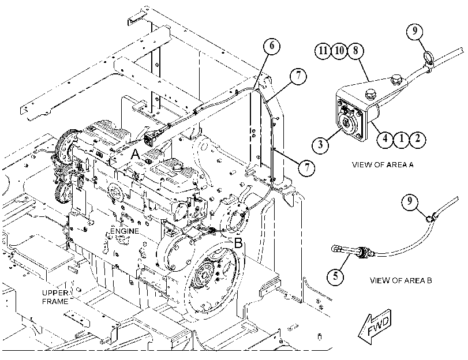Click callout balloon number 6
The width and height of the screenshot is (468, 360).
tap(272, 46)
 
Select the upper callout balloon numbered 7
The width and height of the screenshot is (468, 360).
tap(298, 76)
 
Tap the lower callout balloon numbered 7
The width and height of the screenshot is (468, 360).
tap(306, 167)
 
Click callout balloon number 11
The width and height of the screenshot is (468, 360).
tap(323, 50)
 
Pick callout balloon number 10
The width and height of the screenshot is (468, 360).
tap(339, 50)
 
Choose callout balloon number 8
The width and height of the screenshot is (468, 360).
tap(355, 50)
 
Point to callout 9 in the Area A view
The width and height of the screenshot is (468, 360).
tap(415, 31)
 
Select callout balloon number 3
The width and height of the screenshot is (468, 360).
tap(320, 145)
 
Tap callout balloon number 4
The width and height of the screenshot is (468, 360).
tap(385, 138)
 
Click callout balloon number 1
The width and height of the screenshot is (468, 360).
tap(402, 138)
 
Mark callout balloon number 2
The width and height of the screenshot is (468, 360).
tap(418, 138)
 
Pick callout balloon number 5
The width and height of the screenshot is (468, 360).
tap(335, 276)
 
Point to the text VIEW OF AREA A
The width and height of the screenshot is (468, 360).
tap(383, 165)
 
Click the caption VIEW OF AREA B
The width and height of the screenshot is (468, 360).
tap(400, 280)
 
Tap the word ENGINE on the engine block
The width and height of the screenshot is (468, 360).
tap(125, 231)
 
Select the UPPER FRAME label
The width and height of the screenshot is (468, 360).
tap(55, 297)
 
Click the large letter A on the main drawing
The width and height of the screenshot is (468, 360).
tap(136, 155)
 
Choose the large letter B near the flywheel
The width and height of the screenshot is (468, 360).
tap(238, 243)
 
